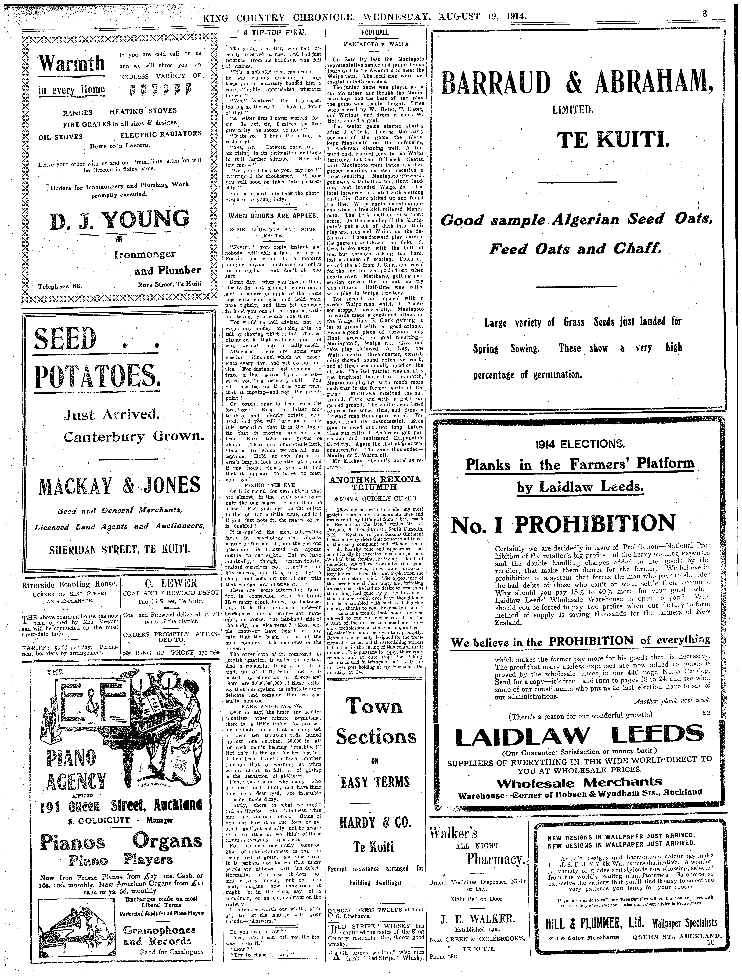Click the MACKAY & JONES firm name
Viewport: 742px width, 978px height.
(119, 486)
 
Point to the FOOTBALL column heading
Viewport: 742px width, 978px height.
(375, 32)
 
